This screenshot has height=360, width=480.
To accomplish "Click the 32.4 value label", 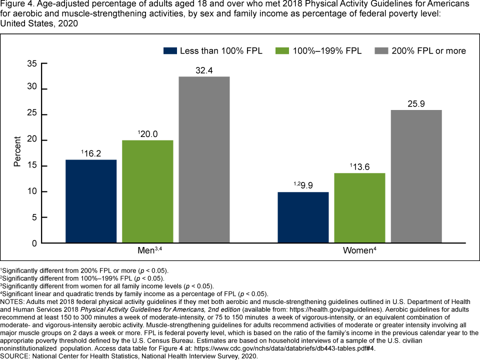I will pyautogui.click(x=204, y=70).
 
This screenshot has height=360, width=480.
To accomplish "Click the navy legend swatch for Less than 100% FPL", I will pyautogui.click(x=170, y=50).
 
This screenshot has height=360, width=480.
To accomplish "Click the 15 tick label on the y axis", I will pyautogui.click(x=32, y=166).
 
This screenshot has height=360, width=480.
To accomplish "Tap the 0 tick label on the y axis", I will pyautogui.click(x=34, y=243).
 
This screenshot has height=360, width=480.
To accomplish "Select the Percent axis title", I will pyautogui.click(x=17, y=152).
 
